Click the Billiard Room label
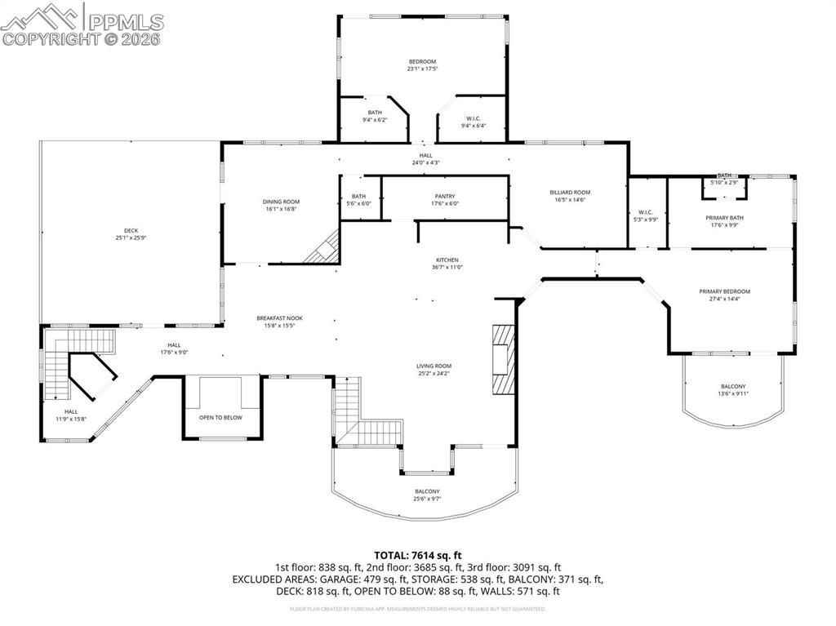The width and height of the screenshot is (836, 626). (571, 193)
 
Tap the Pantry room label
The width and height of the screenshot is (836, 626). (445, 196)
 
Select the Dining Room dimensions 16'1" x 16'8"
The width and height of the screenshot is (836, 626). (281, 209)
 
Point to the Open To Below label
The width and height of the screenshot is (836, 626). (220, 417)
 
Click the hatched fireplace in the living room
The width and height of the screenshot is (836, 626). (504, 358)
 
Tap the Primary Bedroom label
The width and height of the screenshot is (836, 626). (724, 291)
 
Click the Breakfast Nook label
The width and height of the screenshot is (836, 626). (279, 318)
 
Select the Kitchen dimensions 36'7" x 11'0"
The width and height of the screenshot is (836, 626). (447, 267)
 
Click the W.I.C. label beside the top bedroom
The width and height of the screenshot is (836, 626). (474, 118)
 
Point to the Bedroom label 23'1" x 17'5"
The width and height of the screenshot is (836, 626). (423, 61)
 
